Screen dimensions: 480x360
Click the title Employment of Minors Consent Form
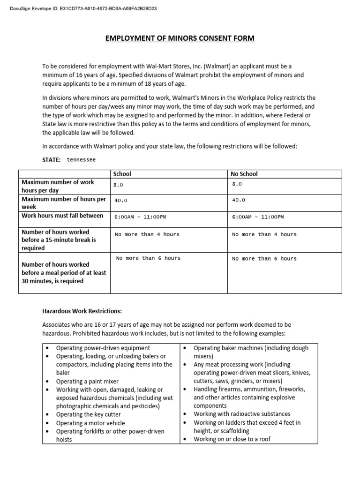[x=180, y=38]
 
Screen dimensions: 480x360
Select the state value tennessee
[x=81, y=160]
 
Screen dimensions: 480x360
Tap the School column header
[x=122, y=174]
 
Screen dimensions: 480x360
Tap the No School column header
[x=244, y=174]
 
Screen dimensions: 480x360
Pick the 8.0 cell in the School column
[x=119, y=185]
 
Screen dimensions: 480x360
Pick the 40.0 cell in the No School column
[x=239, y=200]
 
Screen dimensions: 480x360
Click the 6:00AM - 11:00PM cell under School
[x=141, y=217]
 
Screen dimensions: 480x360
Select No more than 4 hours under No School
[x=264, y=234]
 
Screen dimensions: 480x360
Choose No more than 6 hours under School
[x=148, y=258]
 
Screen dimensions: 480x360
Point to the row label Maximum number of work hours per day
[x=58, y=187]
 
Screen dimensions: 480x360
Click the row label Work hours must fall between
[x=62, y=216]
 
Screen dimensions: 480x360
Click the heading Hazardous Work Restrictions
[x=82, y=311]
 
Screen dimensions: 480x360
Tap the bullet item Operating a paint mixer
[x=87, y=382]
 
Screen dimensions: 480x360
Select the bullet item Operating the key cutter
[x=88, y=414]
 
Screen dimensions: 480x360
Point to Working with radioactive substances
[x=242, y=414]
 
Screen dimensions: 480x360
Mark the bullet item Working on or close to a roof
[x=232, y=439]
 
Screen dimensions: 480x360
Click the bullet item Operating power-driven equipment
[x=103, y=348]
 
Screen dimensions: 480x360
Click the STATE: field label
[x=52, y=160]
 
